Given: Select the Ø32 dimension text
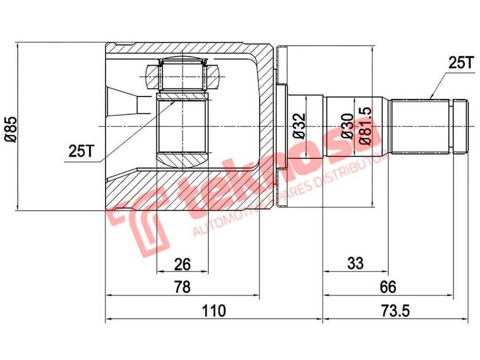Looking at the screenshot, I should click(299, 126).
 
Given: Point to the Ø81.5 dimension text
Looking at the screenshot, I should click(365, 126).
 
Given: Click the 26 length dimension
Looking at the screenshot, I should click(182, 263).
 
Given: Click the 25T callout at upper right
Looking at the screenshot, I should click(460, 63).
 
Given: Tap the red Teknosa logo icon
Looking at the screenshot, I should click(133, 227).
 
